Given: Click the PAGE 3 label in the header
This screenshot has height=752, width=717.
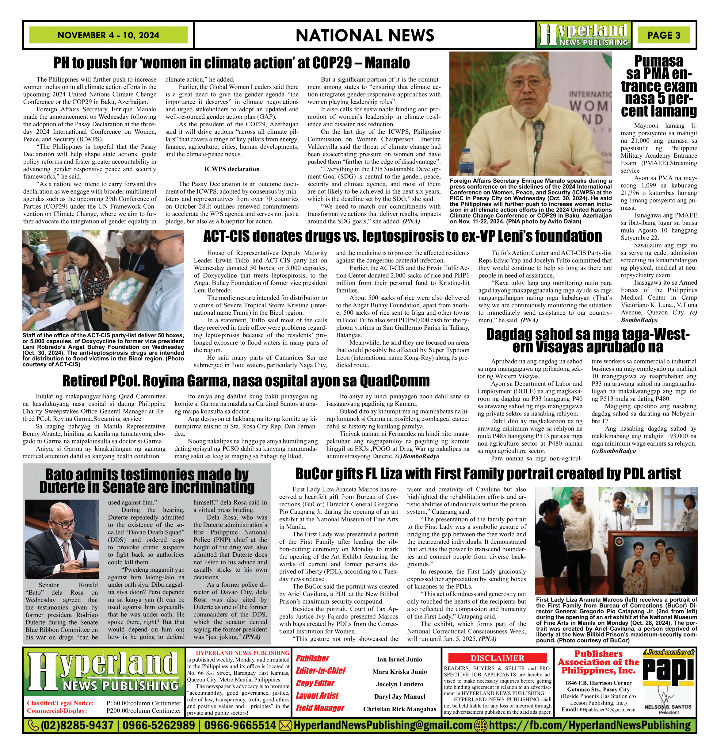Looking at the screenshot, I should pos(663,35).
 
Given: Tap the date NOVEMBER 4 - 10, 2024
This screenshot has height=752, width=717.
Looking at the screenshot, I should pos(108,35).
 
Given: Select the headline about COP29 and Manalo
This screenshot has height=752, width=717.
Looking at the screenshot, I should pos(232,63).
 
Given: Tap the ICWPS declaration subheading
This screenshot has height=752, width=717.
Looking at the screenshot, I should pos(232,169).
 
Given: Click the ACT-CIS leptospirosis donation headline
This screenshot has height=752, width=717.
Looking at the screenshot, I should pos(402,236).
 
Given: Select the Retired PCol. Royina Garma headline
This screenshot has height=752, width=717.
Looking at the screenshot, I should pos(246,381).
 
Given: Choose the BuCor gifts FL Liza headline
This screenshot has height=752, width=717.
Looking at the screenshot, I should pos(488,474).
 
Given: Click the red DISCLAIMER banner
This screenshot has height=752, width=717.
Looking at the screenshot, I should pos(497,658).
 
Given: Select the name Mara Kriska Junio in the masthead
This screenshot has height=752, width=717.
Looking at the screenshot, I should pos(399,672).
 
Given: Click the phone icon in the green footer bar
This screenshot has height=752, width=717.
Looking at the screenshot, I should pos(34,725).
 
